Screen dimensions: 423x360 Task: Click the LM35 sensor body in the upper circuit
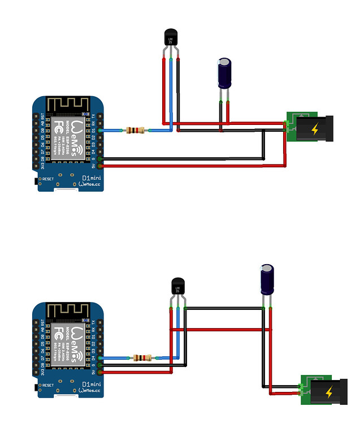point(171,38)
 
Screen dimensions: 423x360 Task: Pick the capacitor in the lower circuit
point(267,278)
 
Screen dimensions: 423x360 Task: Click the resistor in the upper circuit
point(136,131)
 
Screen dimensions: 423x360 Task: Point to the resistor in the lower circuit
point(142,358)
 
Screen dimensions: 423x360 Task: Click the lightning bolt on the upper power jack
point(315,129)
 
